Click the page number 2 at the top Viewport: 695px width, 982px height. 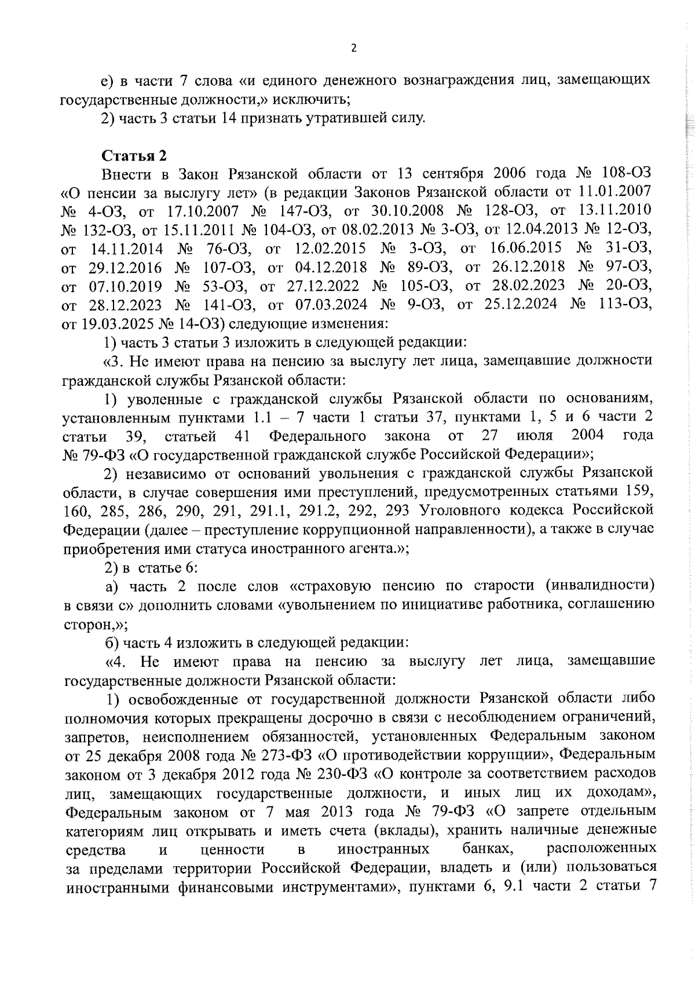tap(353, 49)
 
